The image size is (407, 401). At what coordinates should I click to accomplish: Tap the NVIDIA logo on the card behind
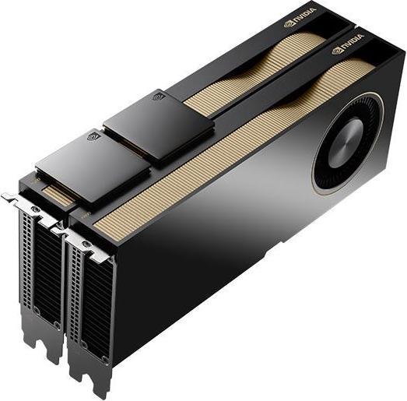click(x=303, y=14)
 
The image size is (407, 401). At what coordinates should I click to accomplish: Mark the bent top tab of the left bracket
click(x=14, y=199)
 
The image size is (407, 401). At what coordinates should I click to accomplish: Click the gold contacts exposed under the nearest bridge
click(x=54, y=189)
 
